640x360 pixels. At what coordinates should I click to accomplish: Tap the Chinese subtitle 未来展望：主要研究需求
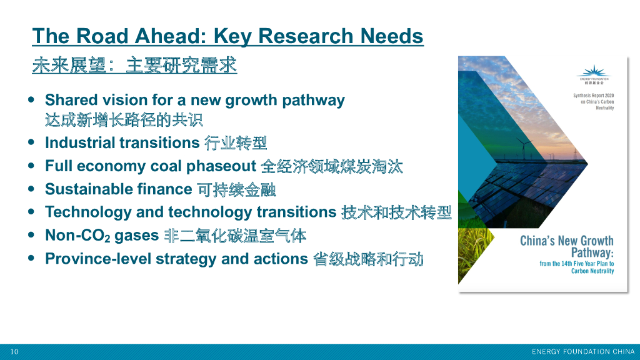click(134, 66)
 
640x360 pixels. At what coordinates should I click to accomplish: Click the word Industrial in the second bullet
click(79, 142)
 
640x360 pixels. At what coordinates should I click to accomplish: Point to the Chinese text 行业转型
click(236, 143)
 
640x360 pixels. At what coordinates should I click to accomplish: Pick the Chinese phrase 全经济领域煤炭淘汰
click(332, 166)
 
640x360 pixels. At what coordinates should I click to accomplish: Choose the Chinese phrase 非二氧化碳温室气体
click(235, 236)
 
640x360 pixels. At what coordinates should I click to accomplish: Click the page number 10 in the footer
click(14, 352)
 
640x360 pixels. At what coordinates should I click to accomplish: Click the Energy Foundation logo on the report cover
click(593, 73)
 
